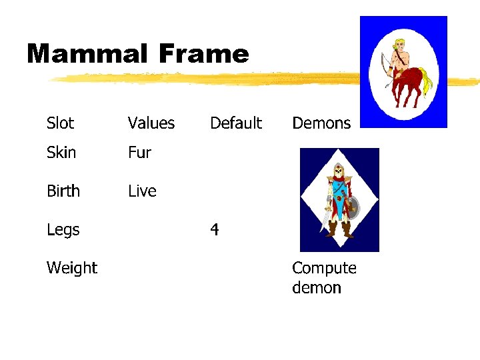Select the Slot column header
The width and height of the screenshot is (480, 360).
click(61, 123)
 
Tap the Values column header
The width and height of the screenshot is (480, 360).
click(151, 123)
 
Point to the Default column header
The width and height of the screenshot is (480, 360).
click(236, 123)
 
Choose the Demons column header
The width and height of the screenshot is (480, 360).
click(321, 123)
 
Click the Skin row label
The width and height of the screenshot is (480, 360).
click(61, 153)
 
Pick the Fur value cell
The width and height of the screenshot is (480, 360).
click(140, 153)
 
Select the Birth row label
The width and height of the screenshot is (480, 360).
click(63, 191)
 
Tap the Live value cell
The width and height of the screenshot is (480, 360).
click(143, 191)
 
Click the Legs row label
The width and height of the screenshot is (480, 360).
click(63, 230)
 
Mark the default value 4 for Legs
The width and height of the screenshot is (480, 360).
click(215, 230)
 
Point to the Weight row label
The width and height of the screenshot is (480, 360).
click(72, 268)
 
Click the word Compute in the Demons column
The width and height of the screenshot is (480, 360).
click(324, 268)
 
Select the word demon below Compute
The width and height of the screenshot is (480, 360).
click(317, 288)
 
